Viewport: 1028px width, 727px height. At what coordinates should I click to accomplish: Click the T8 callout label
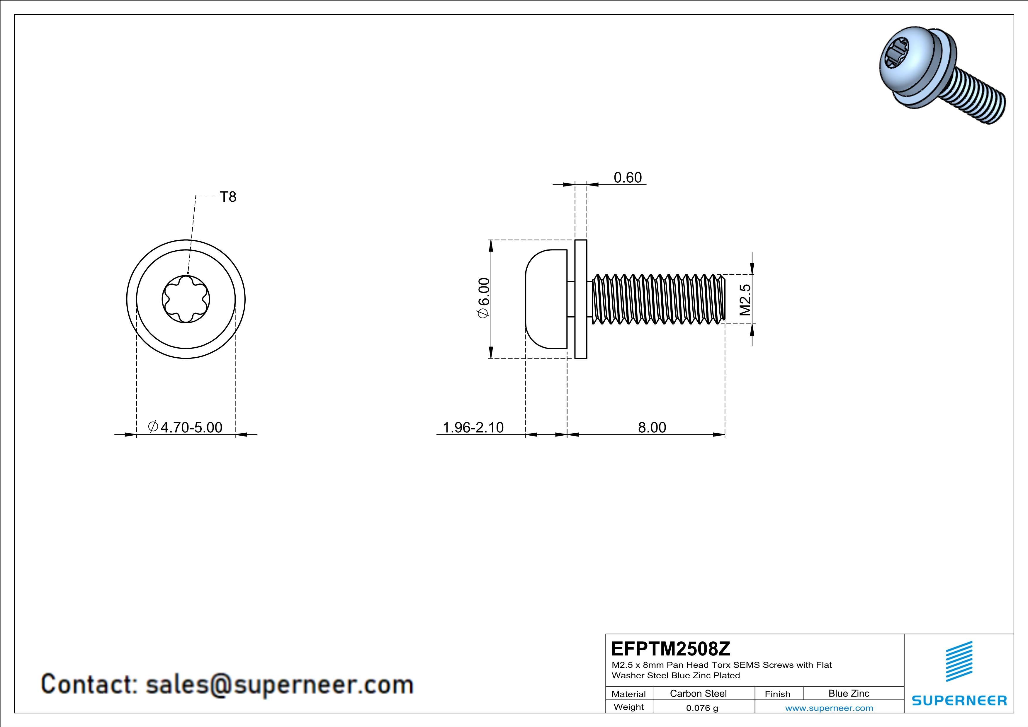(228, 197)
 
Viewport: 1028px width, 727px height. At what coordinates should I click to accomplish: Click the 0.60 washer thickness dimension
(628, 178)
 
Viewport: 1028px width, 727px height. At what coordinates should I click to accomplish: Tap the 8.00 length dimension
(652, 427)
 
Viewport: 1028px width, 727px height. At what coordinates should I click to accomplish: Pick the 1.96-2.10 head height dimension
(473, 427)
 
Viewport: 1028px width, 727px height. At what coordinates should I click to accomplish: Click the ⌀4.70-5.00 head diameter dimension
(185, 427)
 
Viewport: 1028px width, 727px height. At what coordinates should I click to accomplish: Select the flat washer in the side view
(581, 299)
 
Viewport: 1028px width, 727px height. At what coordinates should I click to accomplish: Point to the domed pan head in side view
(546, 299)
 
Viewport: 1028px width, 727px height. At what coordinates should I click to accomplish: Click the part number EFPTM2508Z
(671, 649)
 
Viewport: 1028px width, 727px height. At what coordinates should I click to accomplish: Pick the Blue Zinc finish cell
(849, 693)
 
